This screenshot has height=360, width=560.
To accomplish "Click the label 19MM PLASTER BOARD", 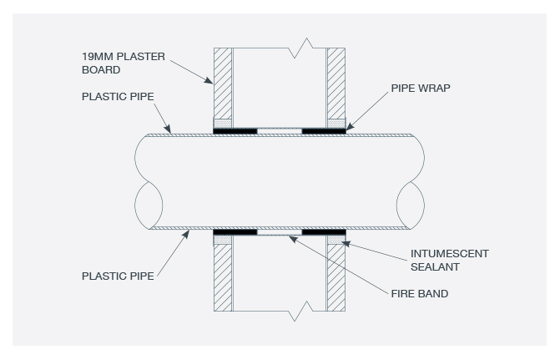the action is [124, 63].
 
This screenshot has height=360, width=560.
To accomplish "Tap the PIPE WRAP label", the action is [421, 89].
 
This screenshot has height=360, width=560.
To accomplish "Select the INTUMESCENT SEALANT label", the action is [449, 261].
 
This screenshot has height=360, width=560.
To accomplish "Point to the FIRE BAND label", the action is [419, 293].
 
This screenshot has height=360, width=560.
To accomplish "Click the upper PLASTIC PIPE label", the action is [118, 97].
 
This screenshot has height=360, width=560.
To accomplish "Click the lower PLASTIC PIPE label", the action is [118, 276].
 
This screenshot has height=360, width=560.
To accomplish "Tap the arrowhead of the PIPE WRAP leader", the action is [350, 127].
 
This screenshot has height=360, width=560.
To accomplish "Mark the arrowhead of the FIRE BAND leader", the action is [293, 239].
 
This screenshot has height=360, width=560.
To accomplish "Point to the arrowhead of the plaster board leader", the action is [209, 80].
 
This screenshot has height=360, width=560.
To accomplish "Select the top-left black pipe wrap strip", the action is [235, 131].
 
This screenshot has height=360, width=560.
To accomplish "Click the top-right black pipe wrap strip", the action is [324, 131].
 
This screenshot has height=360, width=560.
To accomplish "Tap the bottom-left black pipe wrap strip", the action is [235, 232].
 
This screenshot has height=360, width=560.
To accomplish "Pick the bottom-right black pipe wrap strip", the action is [324, 232].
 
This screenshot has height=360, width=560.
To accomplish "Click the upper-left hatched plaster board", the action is [223, 84].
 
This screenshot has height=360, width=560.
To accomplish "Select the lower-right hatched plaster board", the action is [336, 277].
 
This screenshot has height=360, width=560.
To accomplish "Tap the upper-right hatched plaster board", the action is [336, 84].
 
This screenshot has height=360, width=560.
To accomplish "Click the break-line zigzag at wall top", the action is [300, 48].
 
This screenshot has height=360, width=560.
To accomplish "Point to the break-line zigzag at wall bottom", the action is [300, 311].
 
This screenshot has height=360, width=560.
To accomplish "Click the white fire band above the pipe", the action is [280, 131].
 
